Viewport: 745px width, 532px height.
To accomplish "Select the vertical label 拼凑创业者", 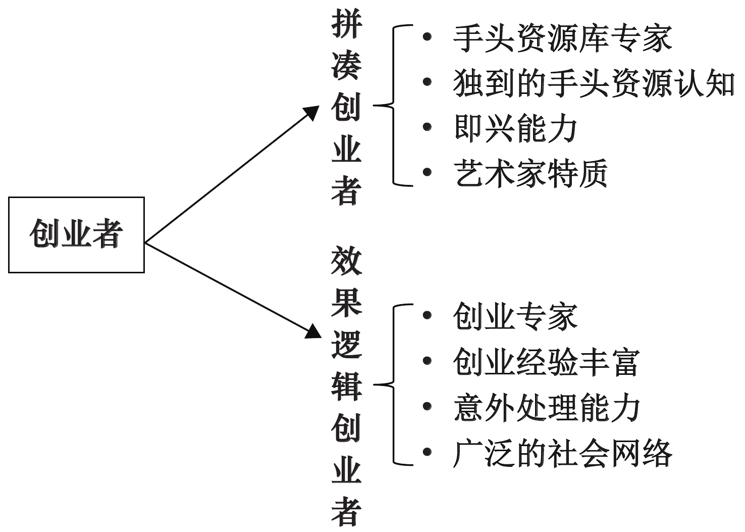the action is (x=347, y=107).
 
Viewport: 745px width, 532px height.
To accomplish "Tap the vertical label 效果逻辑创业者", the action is (x=347, y=386).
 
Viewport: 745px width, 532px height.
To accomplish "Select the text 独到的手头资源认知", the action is (x=594, y=83).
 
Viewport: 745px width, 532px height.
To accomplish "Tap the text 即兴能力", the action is (x=515, y=128).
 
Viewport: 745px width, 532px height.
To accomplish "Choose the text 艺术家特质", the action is (x=531, y=173).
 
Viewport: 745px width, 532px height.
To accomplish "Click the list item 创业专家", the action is (x=515, y=317).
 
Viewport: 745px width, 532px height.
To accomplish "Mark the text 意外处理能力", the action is (x=547, y=408).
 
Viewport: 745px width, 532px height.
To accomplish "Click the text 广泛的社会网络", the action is (x=563, y=453).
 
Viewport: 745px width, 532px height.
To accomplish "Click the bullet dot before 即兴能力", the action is (x=427, y=127).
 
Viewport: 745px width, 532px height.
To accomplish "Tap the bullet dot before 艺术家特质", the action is (x=427, y=172).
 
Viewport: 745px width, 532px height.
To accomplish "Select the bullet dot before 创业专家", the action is (x=427, y=315).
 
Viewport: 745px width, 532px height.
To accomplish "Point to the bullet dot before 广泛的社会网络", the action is (x=427, y=452).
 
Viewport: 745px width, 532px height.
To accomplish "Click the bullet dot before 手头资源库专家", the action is (x=427, y=36).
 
